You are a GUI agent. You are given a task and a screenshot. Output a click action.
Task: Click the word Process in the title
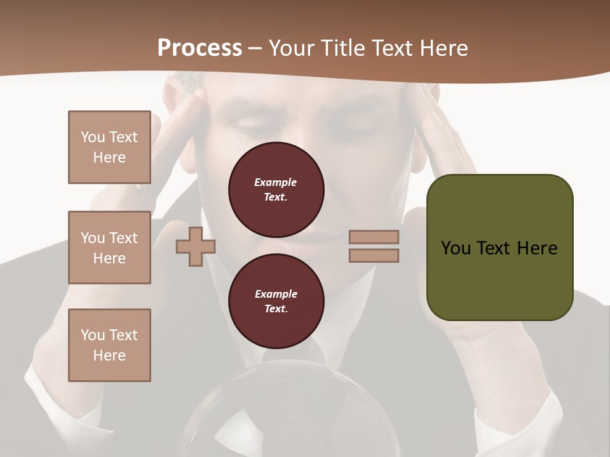(200, 48)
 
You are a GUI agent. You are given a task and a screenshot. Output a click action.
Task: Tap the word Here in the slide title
(443, 48)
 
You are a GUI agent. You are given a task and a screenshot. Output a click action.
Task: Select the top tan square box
(109, 147)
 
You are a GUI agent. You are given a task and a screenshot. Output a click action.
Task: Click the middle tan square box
(109, 248)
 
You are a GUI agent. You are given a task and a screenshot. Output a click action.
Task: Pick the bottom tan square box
(109, 345)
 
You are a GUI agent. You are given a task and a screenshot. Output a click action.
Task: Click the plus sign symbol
(196, 246)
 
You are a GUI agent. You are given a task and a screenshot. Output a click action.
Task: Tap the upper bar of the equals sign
(374, 237)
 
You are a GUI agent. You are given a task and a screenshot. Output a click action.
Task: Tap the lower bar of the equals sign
(374, 256)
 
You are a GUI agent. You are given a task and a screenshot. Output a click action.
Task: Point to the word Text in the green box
(496, 248)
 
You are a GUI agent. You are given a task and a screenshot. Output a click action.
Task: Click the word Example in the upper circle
(276, 182)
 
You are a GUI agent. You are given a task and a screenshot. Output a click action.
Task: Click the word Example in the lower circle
(276, 294)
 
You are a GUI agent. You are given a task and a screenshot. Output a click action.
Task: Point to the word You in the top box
(92, 137)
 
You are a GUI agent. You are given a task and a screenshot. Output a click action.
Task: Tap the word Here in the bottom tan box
(109, 355)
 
